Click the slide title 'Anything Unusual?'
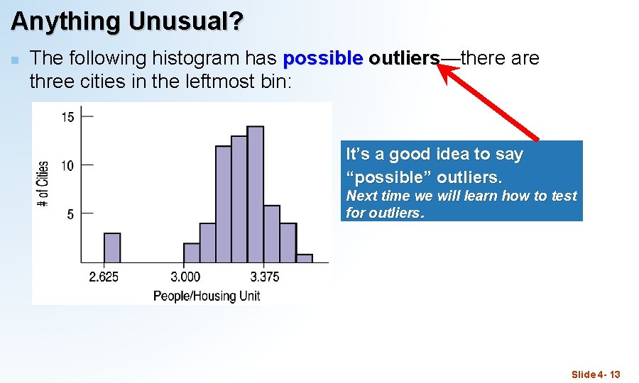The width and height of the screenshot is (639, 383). click(126, 21)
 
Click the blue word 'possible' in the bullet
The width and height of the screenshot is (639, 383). click(322, 58)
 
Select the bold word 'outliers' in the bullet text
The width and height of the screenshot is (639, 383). click(404, 58)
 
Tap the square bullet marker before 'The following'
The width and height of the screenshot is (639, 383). click(14, 59)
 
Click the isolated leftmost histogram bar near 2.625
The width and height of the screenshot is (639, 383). click(112, 248)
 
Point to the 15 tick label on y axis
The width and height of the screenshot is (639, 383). click(67, 117)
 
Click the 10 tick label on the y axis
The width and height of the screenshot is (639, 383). click(67, 165)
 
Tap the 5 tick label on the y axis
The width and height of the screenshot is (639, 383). click(70, 214)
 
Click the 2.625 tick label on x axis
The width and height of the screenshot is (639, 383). click(104, 277)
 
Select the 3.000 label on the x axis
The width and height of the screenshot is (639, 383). click(185, 277)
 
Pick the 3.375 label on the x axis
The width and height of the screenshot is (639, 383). click(266, 277)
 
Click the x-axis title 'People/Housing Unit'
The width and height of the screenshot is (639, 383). click(207, 296)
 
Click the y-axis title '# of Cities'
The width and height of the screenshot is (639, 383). click(43, 184)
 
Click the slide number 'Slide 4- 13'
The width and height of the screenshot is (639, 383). click(596, 374)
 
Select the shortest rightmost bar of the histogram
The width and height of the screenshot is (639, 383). click(304, 258)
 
